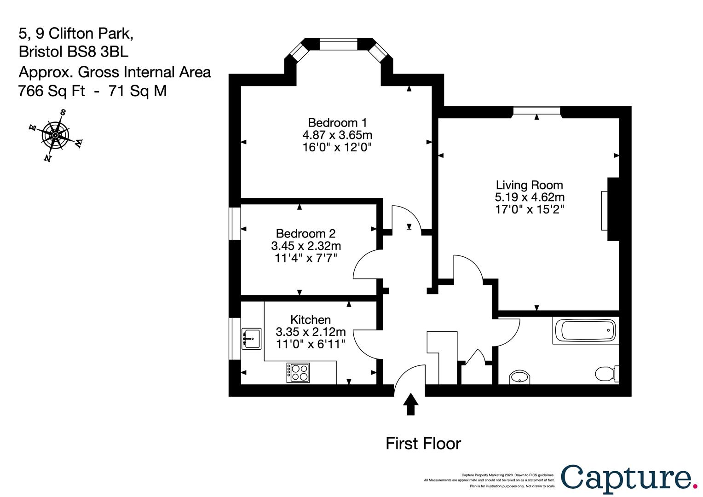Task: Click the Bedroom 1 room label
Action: coord(337,123)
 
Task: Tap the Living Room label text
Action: coord(530,185)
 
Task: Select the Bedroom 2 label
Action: coord(305,234)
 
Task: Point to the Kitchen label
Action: coord(311,320)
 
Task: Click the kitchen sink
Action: coord(251,339)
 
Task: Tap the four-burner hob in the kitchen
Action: coord(298,373)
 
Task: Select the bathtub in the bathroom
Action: coord(586,330)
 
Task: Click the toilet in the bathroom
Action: coord(607,374)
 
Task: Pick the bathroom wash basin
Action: coord(519,377)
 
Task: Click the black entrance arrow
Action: coord(410,405)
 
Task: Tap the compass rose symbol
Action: coord(56,135)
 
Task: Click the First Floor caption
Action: coord(423,444)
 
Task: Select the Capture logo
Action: coord(628,480)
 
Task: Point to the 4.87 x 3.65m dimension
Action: coord(337,135)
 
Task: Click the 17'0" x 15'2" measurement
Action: coord(530,209)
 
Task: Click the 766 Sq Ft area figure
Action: coord(52,91)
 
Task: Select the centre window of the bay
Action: coord(338,44)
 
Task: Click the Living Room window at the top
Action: coord(536,110)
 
